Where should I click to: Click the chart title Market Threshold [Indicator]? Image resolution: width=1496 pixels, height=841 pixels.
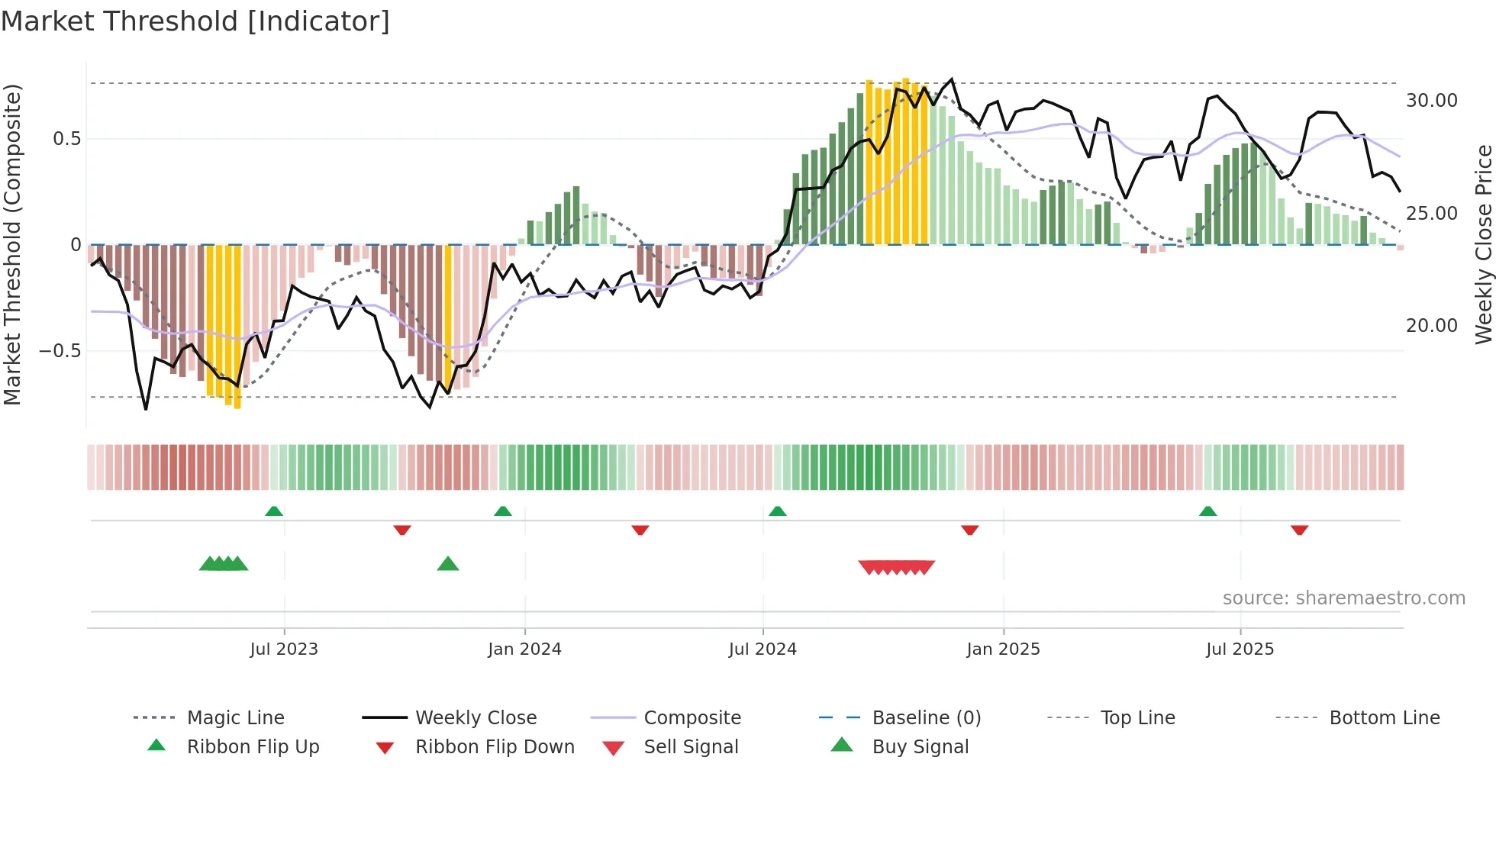pos(195,21)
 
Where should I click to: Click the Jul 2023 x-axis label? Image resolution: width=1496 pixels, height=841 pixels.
pos(284,649)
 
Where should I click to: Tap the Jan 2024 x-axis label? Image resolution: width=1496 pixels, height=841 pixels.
pos(524,649)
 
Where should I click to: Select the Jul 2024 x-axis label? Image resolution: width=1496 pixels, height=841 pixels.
pos(763,649)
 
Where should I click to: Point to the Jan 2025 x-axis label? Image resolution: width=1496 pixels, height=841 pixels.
pos(1003,649)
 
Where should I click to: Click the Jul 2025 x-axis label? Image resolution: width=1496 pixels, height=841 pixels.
pos(1240,649)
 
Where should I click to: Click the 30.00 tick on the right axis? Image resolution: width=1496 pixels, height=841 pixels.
pos(1431,101)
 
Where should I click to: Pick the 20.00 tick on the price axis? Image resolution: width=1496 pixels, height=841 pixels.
pos(1431,326)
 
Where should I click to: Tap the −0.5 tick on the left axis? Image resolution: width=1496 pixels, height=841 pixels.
pos(60,351)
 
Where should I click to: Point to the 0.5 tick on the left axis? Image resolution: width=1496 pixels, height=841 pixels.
pos(66,139)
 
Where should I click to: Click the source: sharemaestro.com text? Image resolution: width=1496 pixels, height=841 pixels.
pos(1343,598)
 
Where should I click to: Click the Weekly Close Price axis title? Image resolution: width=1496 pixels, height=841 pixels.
pos(1483,244)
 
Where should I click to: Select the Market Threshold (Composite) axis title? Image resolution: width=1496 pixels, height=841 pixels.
pos(12,244)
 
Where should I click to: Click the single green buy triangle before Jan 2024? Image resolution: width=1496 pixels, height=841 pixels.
pos(448,564)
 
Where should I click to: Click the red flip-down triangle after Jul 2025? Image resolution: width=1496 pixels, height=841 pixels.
pos(1299,530)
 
